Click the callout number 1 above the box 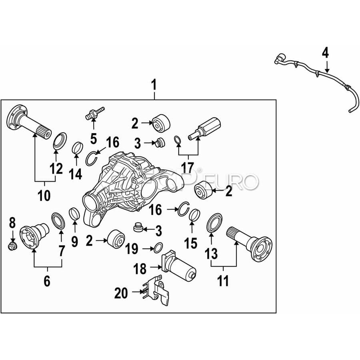pos(154,85)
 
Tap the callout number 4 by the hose pos(325,53)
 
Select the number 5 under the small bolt pos(93,138)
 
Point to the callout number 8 pos(12,222)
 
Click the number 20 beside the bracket pos(122,293)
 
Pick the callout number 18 pos(140,269)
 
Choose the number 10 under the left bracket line pos(44,196)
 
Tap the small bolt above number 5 pos(95,112)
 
